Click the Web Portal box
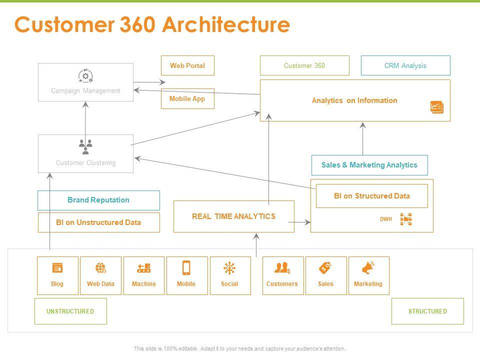click(x=187, y=65)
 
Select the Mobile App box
click(x=187, y=98)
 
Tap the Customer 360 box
click(x=304, y=65)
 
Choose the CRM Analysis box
click(x=405, y=65)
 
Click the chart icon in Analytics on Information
click(x=436, y=107)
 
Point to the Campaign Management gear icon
click(x=85, y=76)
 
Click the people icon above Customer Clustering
click(x=86, y=146)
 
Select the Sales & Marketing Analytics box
click(x=369, y=165)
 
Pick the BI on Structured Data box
click(x=371, y=196)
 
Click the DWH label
click(x=386, y=219)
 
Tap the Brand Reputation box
click(x=98, y=200)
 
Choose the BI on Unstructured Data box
click(x=98, y=222)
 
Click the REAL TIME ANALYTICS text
click(x=233, y=216)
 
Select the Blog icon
click(x=57, y=268)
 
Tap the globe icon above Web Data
click(x=100, y=268)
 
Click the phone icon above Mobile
click(x=186, y=268)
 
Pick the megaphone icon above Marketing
click(x=368, y=268)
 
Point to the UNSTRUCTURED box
click(x=70, y=311)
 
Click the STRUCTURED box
click(x=427, y=311)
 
